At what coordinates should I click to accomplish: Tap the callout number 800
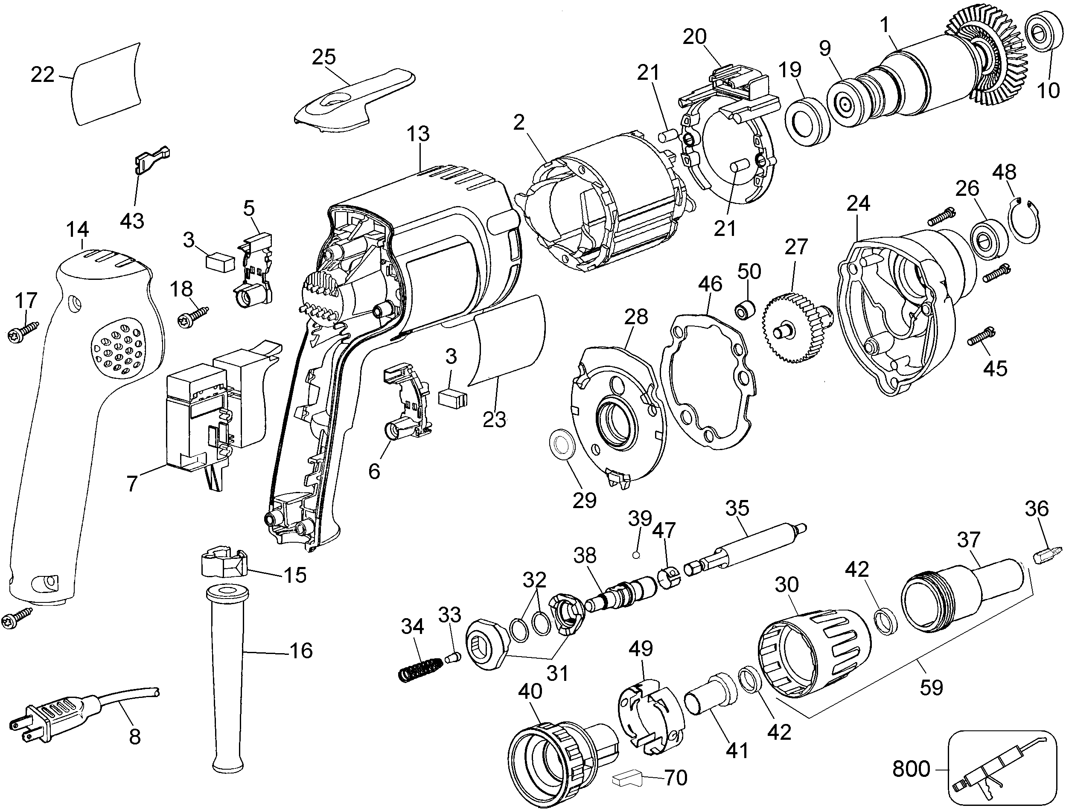[x=911, y=768]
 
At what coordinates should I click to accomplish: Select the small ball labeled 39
[x=636, y=555]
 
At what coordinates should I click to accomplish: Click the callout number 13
[x=418, y=134]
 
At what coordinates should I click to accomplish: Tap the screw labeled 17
[x=23, y=332]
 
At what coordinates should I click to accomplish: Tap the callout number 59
[x=931, y=686]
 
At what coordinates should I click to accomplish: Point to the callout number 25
[x=323, y=57]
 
